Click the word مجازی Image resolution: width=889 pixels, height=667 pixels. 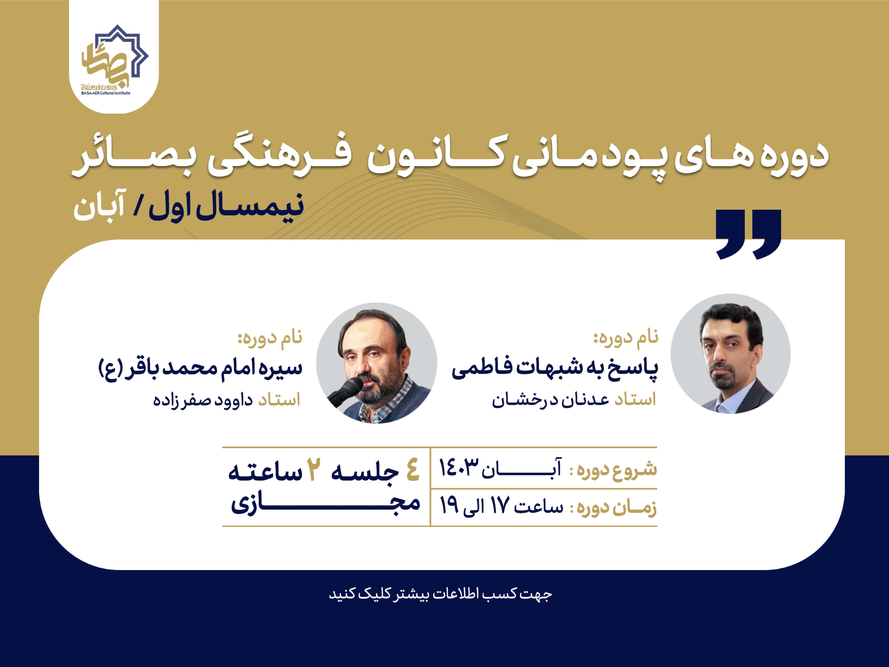pyautogui.click(x=325, y=503)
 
